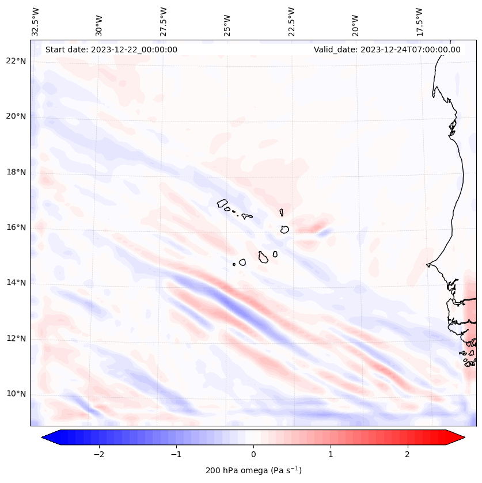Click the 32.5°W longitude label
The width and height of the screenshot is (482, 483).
[x=35, y=22]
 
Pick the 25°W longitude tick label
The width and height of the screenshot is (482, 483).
[x=227, y=22]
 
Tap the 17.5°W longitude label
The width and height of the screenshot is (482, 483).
[x=419, y=22]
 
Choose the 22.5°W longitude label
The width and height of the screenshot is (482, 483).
[x=291, y=22]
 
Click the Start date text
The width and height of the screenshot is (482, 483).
[x=111, y=50]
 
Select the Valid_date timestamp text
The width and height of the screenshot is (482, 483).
[x=387, y=50]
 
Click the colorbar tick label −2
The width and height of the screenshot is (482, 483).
[x=98, y=454]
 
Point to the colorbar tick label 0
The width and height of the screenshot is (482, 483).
[x=253, y=454]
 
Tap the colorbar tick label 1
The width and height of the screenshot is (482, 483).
[x=331, y=454]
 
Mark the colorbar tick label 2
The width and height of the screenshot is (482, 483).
[x=408, y=454]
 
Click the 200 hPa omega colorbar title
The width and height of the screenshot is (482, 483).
[x=253, y=470]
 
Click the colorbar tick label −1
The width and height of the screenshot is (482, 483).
[x=176, y=454]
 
